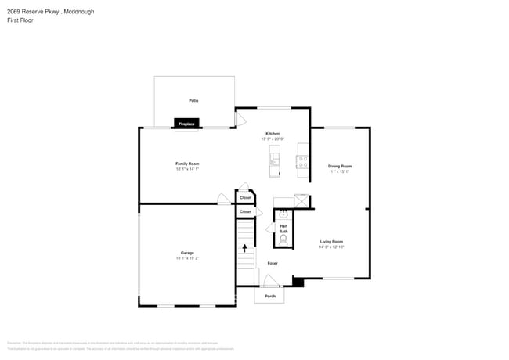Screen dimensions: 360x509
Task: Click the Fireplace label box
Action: pos(186,124)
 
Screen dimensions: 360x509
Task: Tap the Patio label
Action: pos(193,101)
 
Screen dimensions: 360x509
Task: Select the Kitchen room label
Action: pos(273,134)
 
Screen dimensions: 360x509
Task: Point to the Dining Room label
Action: pos(339,166)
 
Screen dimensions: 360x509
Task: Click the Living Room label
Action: pos(331,242)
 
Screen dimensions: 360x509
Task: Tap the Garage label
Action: pos(187,253)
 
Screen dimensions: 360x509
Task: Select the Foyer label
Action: pos(272,263)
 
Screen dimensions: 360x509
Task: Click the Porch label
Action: pos(269,297)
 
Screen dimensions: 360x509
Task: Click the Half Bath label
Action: pos(283,229)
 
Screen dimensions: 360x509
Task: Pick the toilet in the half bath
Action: pos(283,239)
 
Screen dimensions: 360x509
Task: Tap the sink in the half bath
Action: pos(284,213)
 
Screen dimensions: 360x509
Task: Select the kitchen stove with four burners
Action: pos(301,161)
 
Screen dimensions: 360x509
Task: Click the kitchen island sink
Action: pos(274,160)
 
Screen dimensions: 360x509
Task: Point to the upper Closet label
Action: pos(245,198)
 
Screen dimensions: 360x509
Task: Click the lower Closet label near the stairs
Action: pos(245,212)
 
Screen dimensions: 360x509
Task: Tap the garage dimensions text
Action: pos(187,258)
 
